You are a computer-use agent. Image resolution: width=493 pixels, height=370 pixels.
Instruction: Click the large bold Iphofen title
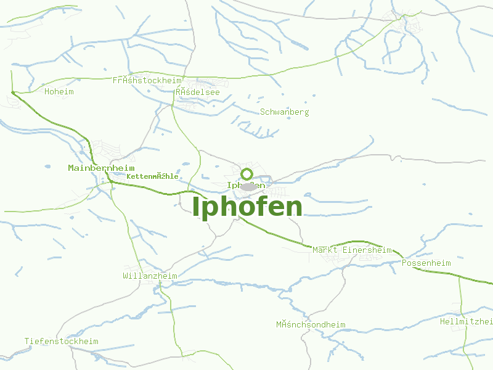247,207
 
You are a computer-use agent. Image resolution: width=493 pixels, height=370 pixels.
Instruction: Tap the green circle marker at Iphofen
247,174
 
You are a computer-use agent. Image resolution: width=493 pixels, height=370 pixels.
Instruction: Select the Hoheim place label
59,92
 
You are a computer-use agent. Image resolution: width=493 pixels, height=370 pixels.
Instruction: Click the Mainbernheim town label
101,168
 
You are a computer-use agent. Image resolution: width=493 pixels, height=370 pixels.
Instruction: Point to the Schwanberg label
284,112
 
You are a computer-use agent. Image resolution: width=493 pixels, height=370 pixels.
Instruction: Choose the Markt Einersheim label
352,250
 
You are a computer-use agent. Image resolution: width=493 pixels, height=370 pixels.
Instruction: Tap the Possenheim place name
426,263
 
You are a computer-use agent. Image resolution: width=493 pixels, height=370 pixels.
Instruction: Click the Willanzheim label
150,276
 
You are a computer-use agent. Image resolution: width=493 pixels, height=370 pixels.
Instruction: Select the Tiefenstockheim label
61,341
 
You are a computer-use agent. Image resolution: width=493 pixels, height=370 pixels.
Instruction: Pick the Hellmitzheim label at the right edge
467,322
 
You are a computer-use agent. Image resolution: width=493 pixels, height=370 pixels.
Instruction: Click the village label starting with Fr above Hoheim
147,81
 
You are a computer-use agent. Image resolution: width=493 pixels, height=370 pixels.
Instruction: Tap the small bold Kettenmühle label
152,176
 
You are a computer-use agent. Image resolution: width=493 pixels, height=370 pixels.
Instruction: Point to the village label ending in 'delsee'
197,92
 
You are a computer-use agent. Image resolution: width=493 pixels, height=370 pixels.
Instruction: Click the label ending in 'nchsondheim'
311,324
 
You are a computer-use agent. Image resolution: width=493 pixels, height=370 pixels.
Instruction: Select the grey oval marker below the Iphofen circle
248,186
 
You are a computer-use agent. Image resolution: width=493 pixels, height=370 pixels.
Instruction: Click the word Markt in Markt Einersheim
324,250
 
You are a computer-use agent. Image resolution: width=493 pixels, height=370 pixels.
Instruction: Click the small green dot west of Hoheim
12,92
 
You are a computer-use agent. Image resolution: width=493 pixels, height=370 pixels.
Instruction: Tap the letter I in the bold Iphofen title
197,207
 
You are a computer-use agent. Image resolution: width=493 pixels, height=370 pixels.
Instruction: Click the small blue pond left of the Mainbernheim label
47,165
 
